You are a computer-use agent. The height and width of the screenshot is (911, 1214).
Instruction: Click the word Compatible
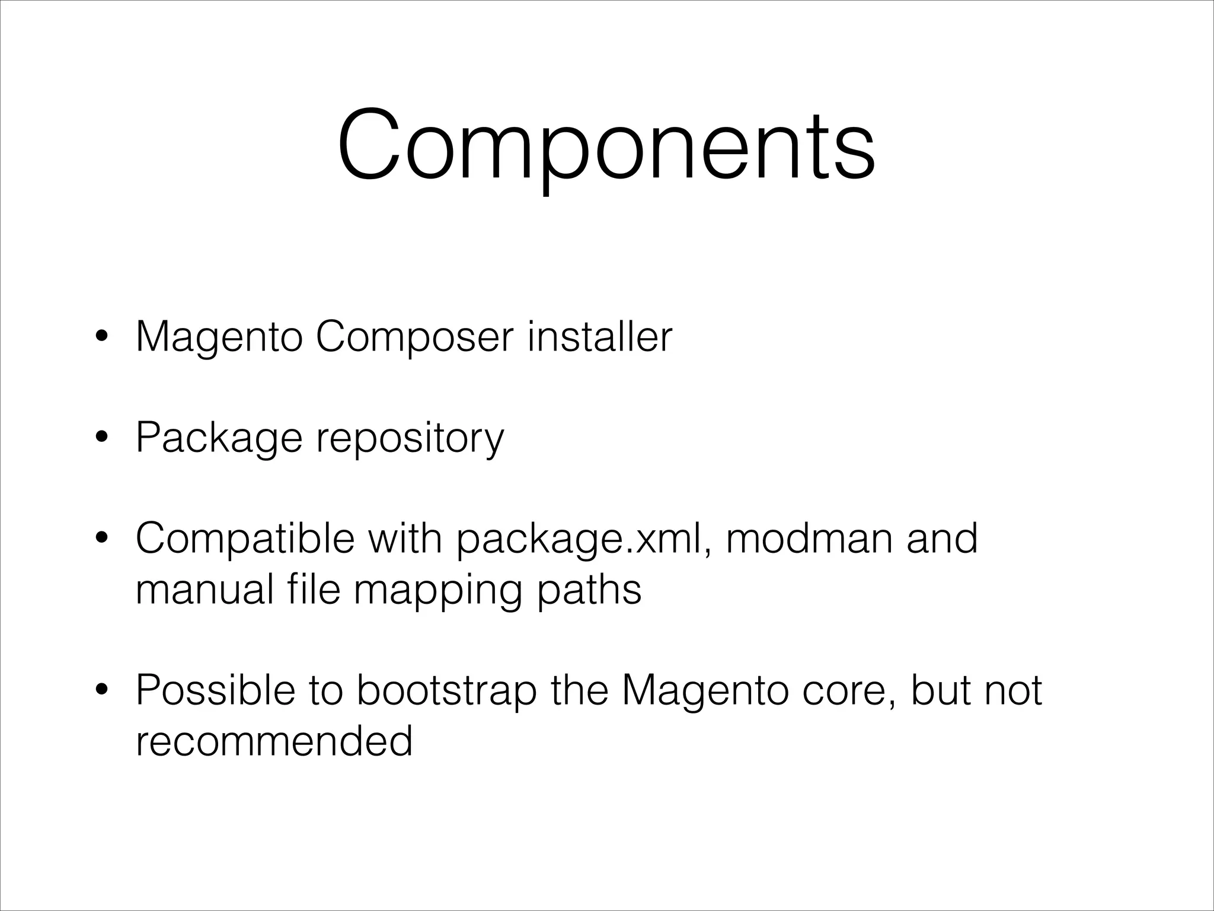(245, 539)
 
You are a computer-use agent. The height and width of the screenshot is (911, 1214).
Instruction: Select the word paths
(589, 590)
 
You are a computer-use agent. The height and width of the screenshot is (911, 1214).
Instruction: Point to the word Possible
(215, 690)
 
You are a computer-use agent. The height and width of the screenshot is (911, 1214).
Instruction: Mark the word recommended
(274, 741)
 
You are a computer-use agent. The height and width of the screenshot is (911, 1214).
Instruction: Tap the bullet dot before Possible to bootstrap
(101, 691)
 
